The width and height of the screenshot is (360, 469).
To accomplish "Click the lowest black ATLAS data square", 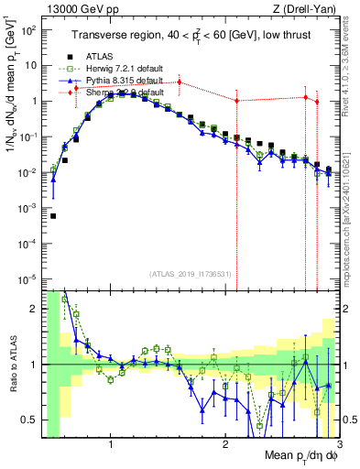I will [53, 216].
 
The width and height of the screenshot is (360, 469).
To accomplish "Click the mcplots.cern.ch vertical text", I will [351, 211].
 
